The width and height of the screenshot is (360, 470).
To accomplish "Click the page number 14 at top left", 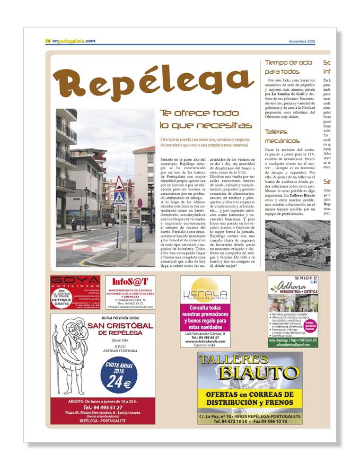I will tap(48, 41).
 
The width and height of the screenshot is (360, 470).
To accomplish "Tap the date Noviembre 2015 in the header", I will tap(302, 41).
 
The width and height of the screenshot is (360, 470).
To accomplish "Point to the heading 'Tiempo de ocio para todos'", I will tap(289, 67).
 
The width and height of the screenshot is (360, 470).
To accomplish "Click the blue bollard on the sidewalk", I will tap(138, 234).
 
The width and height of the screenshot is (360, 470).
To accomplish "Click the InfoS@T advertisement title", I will tap(129, 282).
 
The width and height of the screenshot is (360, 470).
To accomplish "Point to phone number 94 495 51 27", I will tap(104, 407).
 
